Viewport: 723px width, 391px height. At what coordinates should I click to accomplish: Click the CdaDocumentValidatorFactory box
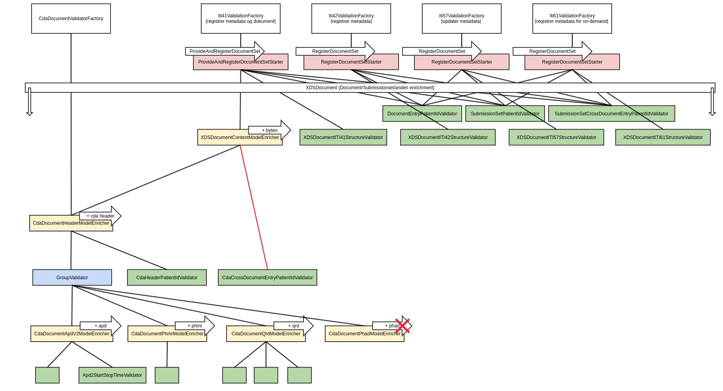pos(71,19)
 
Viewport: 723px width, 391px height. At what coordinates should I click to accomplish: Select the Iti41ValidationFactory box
pos(241,19)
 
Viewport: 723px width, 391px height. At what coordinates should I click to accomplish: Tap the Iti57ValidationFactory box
pos(462,19)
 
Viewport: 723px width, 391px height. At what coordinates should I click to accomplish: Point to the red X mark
pos(403,326)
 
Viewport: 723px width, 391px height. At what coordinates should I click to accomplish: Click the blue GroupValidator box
pos(72,278)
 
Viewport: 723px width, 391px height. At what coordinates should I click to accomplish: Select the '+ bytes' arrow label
pos(270,130)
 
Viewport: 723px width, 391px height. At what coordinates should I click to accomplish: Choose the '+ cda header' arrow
pos(100,216)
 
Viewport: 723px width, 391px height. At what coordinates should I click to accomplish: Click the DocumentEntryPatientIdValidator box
pos(422,114)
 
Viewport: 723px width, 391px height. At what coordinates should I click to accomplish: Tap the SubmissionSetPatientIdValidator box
pos(505,114)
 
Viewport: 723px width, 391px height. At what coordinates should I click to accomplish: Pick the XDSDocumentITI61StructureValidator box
pos(663,137)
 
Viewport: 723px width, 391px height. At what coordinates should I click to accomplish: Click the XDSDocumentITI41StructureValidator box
pos(343,137)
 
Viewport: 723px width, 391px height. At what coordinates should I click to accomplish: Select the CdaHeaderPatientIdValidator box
pos(167,278)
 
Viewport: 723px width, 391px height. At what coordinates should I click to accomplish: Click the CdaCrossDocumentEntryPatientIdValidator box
pos(268,278)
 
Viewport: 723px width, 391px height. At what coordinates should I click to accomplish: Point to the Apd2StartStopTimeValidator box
pos(112,375)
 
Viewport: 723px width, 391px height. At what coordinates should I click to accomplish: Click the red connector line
pos(254,207)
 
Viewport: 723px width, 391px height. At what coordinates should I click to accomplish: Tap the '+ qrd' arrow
pos(293,325)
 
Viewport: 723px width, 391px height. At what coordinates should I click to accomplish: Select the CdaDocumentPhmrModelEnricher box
pos(167,334)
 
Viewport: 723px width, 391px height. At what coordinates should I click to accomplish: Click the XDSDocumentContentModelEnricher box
pos(240,138)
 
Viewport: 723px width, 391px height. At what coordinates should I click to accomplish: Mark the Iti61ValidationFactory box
pos(572,19)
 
